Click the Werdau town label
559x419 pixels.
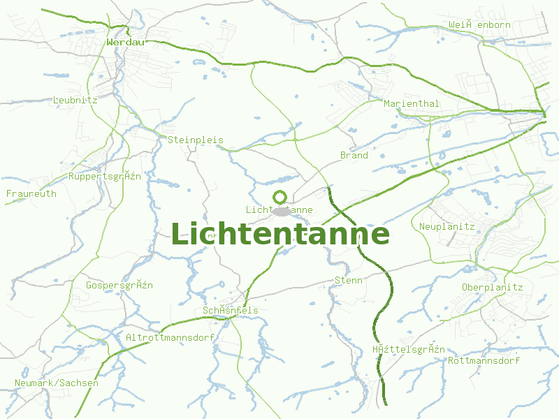point(126,42)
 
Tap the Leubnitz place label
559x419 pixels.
point(75,100)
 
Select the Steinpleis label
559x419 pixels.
point(196,140)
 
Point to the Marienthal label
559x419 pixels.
point(412,103)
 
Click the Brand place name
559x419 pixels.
point(354,155)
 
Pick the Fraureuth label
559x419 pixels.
point(31,193)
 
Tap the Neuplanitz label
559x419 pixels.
point(447,226)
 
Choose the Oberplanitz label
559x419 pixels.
point(493,287)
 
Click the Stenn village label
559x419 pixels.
point(349,280)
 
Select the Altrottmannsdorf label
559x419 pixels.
point(170,337)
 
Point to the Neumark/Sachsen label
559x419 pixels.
point(57,383)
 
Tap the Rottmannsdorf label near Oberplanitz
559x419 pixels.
point(484,361)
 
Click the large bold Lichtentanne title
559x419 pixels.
point(279,234)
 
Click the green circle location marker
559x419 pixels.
point(280,197)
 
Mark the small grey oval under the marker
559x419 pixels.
point(282,211)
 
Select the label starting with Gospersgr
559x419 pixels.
point(119,285)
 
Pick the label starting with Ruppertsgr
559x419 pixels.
point(105,176)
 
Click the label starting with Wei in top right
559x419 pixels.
point(480,24)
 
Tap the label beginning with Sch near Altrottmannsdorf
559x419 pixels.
point(231,310)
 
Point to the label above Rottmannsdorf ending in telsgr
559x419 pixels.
point(409,349)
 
